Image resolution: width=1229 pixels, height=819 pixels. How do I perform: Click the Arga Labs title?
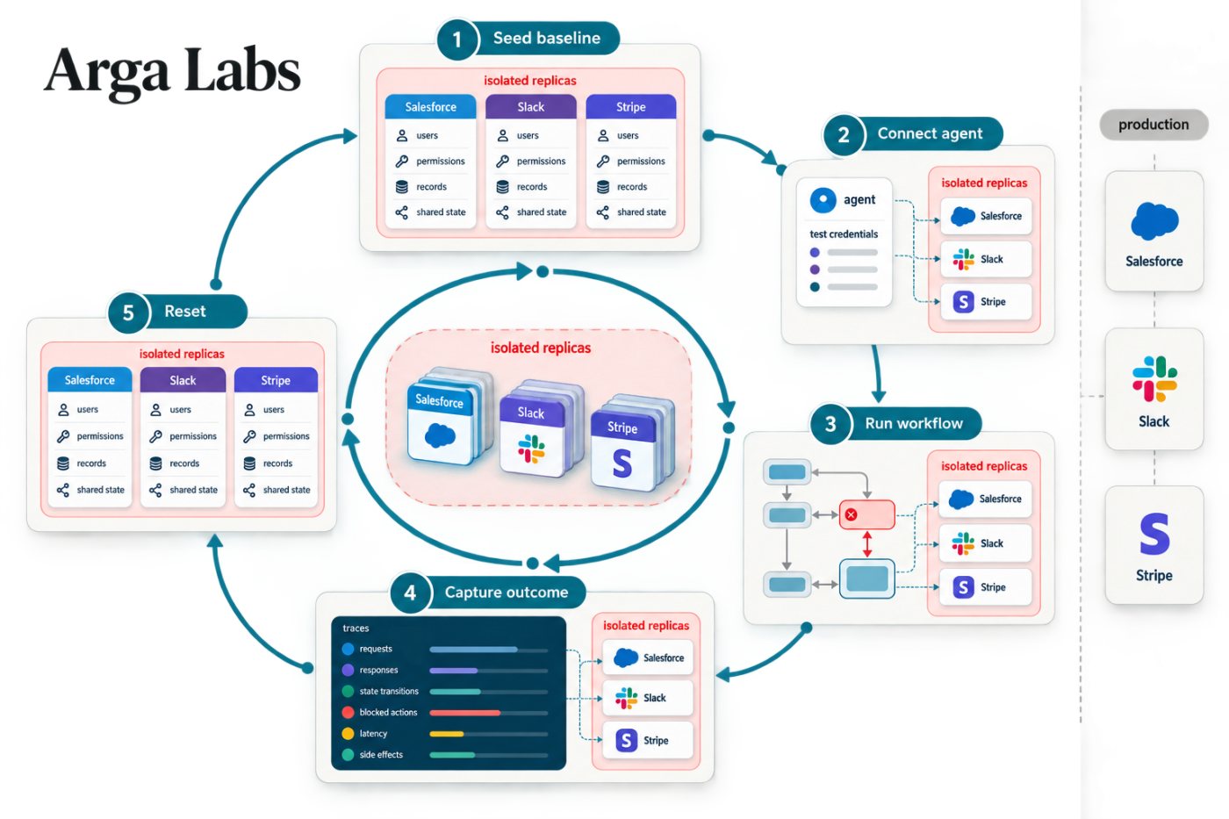[172, 71]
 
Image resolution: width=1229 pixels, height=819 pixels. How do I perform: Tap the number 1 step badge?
[457, 40]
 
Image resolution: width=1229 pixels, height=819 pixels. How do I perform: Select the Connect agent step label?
[930, 133]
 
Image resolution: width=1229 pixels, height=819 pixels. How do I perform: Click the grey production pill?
[1154, 125]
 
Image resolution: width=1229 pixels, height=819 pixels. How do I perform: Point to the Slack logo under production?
[1154, 378]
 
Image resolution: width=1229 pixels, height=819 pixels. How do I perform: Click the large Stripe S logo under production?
[1154, 534]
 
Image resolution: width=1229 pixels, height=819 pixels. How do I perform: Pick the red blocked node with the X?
[867, 514]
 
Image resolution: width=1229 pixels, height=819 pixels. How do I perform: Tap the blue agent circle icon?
[823, 199]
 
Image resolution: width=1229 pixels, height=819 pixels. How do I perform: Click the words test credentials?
[844, 234]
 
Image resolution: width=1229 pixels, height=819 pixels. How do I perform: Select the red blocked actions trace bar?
[464, 713]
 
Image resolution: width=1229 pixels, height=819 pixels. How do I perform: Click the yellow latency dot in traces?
[348, 734]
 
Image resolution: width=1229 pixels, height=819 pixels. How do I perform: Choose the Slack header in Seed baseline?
[531, 106]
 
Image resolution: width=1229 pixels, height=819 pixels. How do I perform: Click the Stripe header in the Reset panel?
[276, 379]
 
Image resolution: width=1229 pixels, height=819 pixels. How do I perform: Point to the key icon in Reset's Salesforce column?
[63, 436]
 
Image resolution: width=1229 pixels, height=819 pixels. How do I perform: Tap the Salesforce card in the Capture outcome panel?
[648, 657]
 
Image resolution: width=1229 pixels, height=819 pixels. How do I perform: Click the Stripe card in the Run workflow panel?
[985, 587]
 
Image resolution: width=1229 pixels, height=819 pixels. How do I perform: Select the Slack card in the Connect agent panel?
[986, 259]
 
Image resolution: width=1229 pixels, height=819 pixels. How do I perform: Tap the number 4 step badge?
[410, 593]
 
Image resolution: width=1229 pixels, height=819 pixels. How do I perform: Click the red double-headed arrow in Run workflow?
[867, 544]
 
